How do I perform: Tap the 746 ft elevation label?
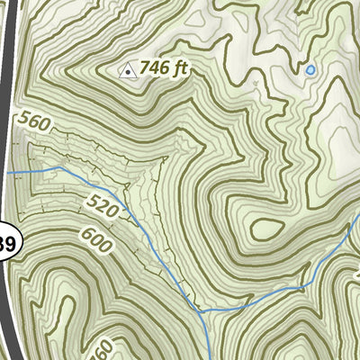pyautogui.click(x=163, y=69)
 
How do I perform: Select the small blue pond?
pyautogui.click(x=310, y=68)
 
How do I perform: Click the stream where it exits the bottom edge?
pyautogui.click(x=210, y=357)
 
